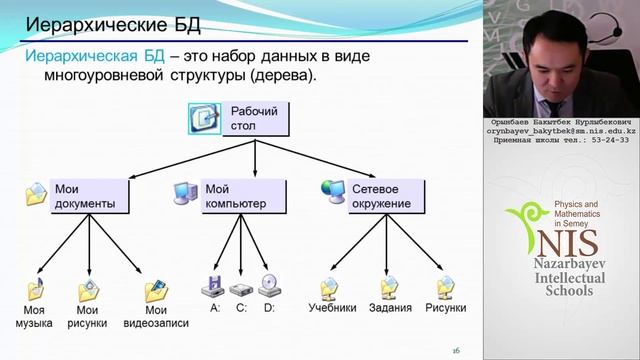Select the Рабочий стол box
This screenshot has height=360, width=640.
pos(255,118)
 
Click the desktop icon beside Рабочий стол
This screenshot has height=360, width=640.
pos(204,118)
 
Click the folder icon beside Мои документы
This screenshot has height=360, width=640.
pos(36,193)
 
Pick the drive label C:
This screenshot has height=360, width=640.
pos(241,309)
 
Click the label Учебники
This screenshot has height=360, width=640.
pos(332,309)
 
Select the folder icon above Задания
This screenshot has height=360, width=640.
pos(389,288)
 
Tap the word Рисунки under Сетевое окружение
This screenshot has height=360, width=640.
pos(445,309)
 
